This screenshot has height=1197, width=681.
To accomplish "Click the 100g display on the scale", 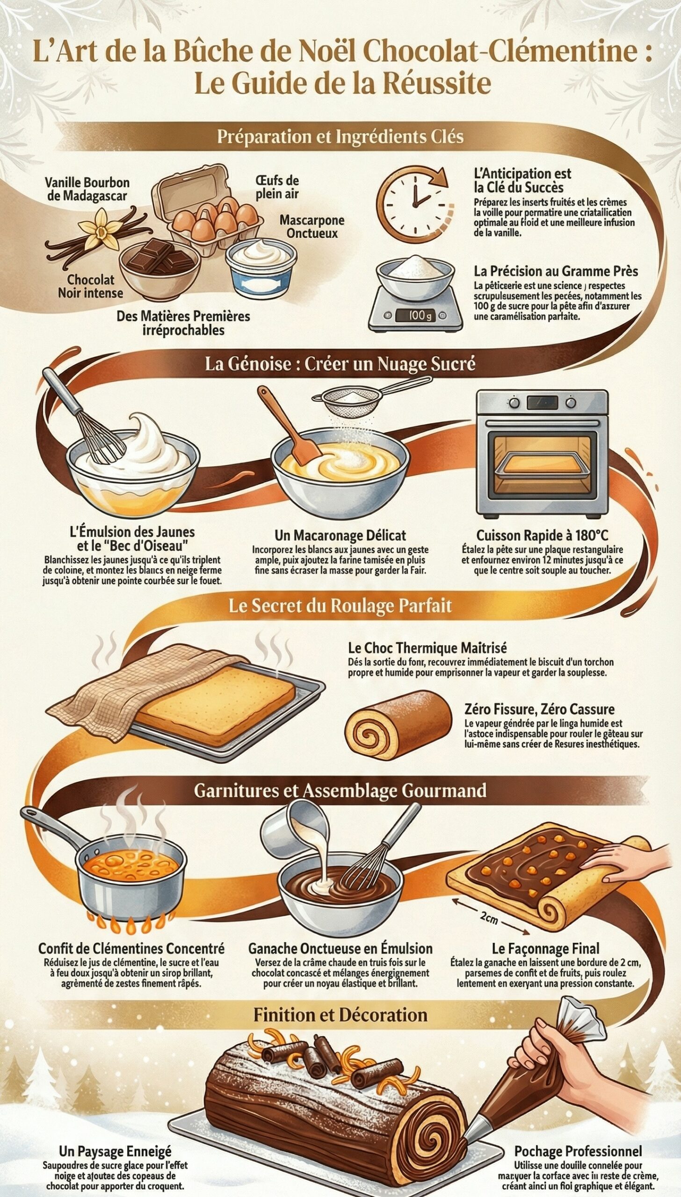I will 415,316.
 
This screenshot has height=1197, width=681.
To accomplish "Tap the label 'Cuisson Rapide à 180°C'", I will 542,535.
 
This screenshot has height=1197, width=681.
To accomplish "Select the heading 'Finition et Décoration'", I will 340,1015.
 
